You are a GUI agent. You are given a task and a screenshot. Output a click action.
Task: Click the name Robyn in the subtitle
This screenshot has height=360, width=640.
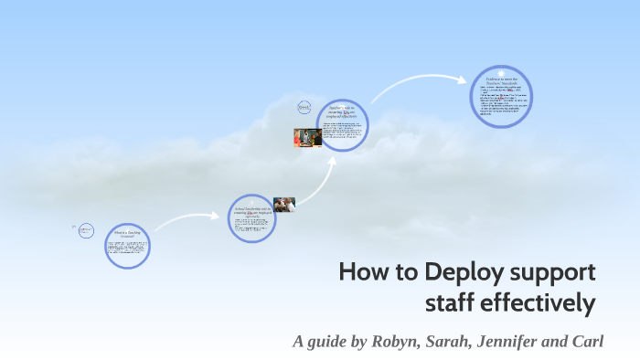click(x=396, y=343)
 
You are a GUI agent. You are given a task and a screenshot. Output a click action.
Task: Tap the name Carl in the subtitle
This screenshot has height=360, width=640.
click(x=587, y=343)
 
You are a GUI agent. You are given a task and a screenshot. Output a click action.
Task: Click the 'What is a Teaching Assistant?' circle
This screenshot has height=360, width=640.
click(x=127, y=247)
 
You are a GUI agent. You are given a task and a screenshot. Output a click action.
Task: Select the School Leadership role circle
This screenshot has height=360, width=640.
click(x=252, y=218)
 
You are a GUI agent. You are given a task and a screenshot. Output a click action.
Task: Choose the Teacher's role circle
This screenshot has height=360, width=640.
click(x=343, y=124)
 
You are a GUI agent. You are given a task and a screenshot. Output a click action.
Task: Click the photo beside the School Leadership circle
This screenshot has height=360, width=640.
click(x=284, y=205)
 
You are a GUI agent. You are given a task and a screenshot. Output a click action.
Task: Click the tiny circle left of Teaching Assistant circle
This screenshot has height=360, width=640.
click(x=87, y=231)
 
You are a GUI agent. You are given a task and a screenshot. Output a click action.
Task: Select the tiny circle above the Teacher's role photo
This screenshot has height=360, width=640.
click(x=304, y=108)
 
